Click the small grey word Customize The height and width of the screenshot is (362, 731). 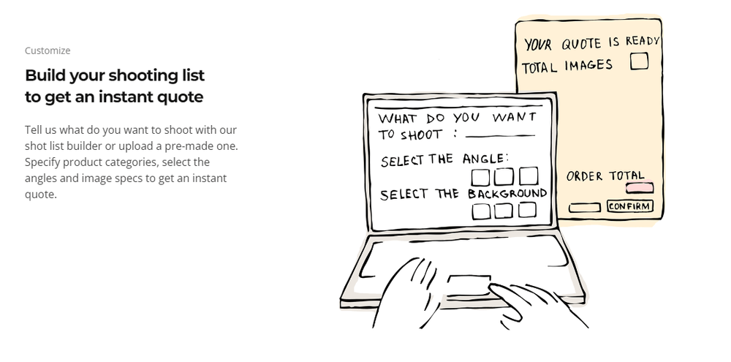coord(48,50)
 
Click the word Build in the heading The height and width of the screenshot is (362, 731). coord(41,75)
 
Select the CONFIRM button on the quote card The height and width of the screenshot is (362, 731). coord(630,206)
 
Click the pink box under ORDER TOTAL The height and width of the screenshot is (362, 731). coord(639,187)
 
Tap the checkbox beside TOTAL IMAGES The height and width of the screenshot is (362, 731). coord(639,61)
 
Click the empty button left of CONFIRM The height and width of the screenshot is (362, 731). coord(584,208)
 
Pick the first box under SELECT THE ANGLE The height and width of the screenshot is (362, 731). coord(480,178)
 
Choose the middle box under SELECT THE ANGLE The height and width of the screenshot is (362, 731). coord(504,177)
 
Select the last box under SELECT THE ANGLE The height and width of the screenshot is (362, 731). coord(529,176)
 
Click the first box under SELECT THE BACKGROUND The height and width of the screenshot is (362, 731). coord(481,211)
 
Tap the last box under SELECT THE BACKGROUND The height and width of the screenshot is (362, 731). coord(527,210)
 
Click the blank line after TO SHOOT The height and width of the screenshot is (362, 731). coord(500,136)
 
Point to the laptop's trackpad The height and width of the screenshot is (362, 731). coord(469,285)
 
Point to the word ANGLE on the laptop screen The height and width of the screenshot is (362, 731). coord(483,159)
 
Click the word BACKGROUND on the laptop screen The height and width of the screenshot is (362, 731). coord(507,193)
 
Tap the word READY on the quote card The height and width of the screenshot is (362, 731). coord(643,41)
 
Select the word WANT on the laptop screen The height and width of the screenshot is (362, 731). coord(514,116)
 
